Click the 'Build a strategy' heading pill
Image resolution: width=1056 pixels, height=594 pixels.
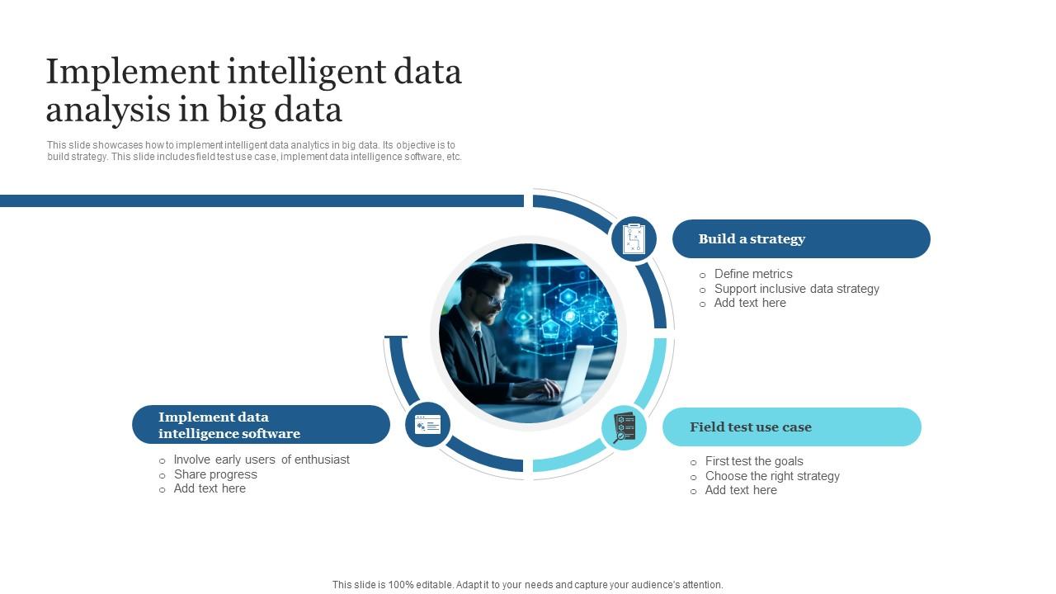click(x=800, y=239)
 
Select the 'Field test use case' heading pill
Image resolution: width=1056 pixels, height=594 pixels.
click(x=791, y=427)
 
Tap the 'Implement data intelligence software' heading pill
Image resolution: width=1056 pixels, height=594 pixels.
click(x=261, y=425)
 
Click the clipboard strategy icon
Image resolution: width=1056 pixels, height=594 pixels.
click(x=634, y=239)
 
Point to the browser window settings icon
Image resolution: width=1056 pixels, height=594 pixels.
click(x=427, y=425)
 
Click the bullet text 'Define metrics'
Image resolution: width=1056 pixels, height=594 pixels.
click(x=753, y=274)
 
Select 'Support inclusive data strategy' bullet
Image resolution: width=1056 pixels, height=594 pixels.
click(x=796, y=289)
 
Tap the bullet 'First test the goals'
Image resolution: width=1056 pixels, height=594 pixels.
click(x=754, y=461)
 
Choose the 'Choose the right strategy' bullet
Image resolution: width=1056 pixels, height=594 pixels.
click(x=772, y=476)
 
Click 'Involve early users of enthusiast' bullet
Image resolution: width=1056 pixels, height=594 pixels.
click(x=262, y=460)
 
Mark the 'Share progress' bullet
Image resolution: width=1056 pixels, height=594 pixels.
click(x=215, y=474)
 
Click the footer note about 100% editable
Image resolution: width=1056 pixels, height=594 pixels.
click(x=528, y=585)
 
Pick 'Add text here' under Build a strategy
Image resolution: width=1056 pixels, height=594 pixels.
click(x=750, y=303)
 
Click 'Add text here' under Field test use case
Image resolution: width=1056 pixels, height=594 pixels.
click(x=741, y=490)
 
